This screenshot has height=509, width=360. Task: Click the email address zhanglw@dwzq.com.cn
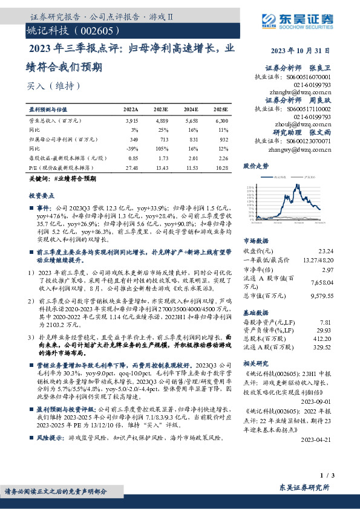click(301, 92)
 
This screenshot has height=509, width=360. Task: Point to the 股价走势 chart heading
click(254, 164)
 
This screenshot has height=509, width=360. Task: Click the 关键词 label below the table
click(39, 180)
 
